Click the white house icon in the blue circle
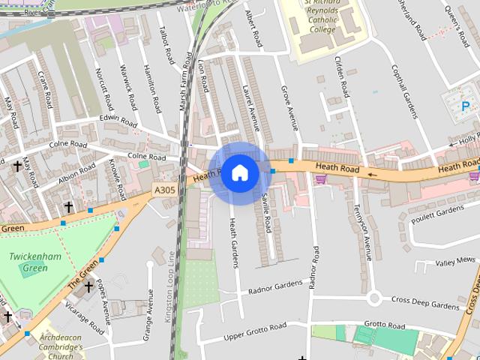coord(239,172)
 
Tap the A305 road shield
coord(164,190)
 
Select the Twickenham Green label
coord(29,262)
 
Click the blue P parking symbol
coord(466,106)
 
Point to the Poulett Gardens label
coord(439,212)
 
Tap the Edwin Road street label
coord(118,121)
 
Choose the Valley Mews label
coord(455,260)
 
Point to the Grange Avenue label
coord(149,305)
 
